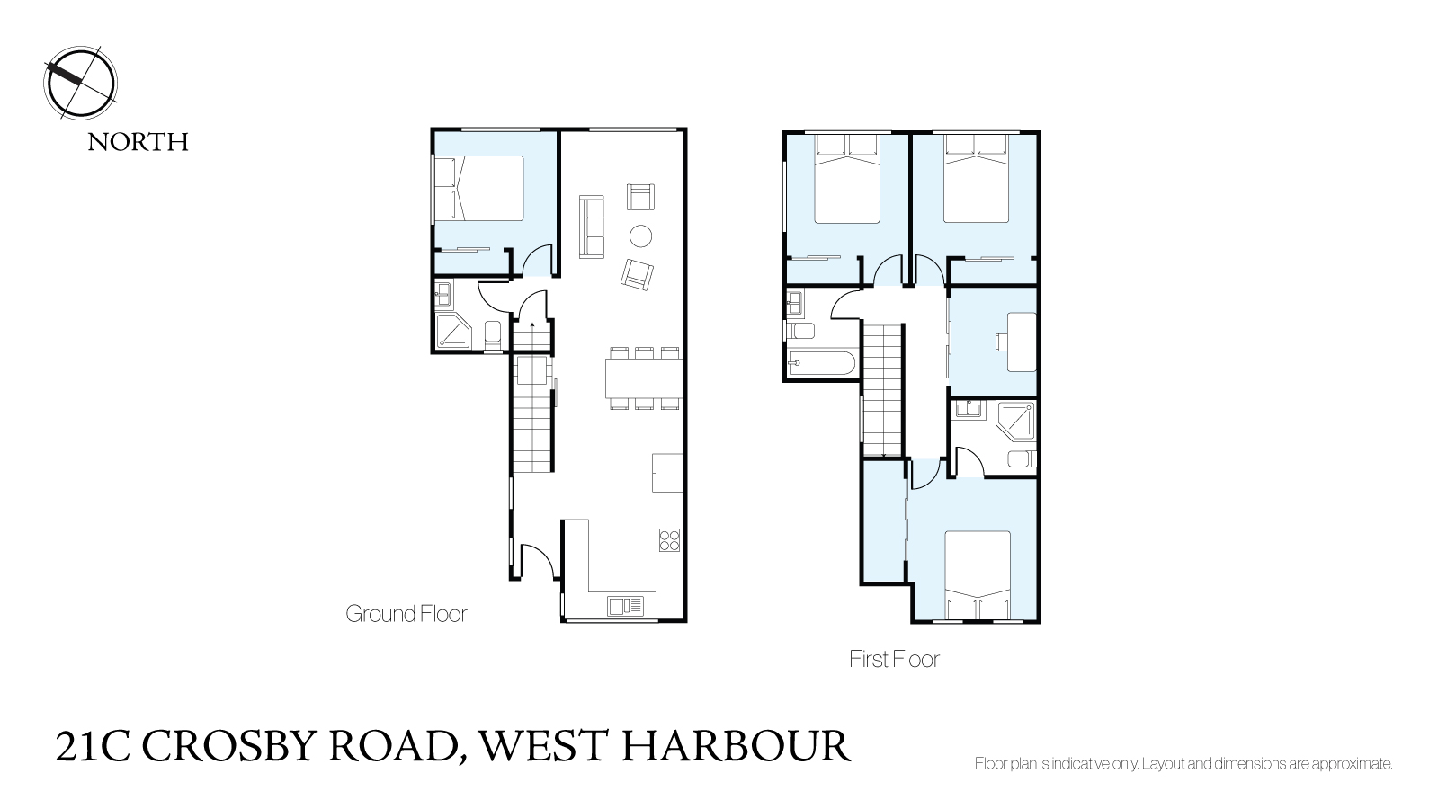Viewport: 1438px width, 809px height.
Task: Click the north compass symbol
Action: [80, 83]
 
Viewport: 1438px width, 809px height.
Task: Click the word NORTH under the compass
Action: [138, 142]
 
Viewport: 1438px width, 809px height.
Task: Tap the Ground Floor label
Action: [406, 614]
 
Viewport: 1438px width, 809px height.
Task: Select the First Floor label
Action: [894, 659]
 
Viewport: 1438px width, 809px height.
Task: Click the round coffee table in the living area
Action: [640, 236]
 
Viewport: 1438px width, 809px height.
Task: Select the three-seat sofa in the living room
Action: [591, 227]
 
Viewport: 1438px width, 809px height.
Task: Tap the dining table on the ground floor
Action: [644, 378]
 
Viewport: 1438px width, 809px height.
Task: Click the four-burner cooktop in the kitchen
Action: [670, 540]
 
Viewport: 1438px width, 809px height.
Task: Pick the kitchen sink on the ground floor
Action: [625, 606]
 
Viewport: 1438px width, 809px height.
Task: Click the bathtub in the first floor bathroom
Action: [822, 363]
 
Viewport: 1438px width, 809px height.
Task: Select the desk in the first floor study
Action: [1022, 342]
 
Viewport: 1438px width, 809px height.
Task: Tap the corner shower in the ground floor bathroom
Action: [453, 331]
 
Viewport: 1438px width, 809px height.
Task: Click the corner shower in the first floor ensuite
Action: [1017, 421]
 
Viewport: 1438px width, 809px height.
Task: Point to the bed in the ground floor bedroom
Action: [479, 189]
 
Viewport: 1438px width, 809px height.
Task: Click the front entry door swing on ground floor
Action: [538, 562]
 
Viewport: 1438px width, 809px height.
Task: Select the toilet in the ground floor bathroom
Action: [493, 335]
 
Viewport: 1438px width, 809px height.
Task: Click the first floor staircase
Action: [883, 389]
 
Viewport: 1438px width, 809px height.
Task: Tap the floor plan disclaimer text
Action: [1183, 764]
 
